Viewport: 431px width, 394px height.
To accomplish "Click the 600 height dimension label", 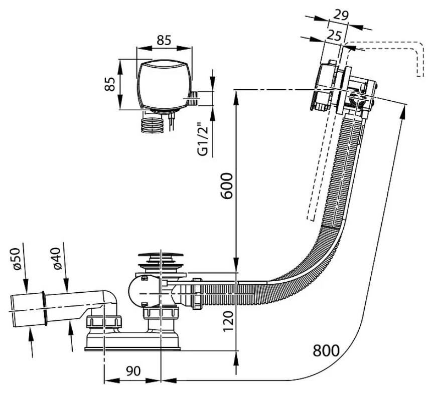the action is tap(228, 185).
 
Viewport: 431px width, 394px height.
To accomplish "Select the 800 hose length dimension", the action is tap(326, 350).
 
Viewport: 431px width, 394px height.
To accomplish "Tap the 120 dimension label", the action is tap(228, 321).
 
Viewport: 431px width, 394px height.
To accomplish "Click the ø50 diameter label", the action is tap(16, 259).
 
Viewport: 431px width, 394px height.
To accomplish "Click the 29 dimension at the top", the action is tap(341, 15).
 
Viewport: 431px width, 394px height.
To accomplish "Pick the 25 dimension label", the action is tap(334, 35).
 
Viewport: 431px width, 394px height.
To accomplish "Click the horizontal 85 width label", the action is tap(164, 40).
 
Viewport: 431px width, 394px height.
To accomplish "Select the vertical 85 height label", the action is tap(110, 84).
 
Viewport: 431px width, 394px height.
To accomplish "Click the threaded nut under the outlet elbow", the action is tap(104, 322).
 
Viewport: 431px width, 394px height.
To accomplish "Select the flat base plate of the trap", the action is tap(132, 349).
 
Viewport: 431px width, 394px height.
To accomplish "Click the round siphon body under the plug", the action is tap(144, 292).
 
